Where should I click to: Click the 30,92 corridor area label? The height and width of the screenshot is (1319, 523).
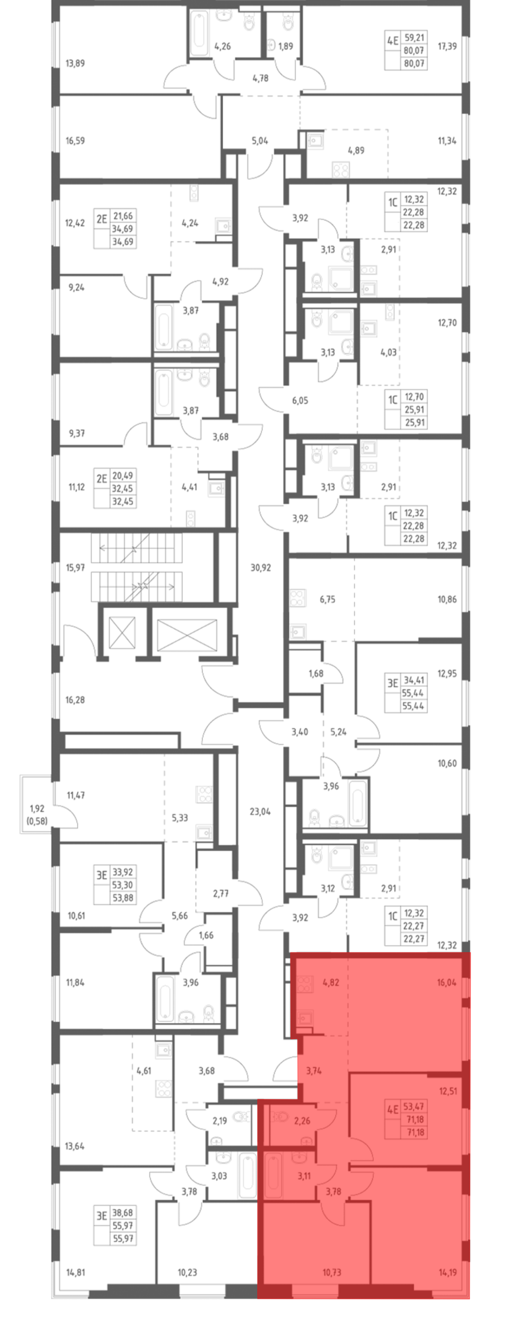(x=260, y=567)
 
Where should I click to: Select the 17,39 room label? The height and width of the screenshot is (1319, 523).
(x=447, y=46)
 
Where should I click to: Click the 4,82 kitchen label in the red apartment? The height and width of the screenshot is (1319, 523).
(x=331, y=983)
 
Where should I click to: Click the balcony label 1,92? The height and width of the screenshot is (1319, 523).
(x=37, y=809)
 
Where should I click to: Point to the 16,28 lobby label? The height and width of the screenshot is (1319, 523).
(x=75, y=700)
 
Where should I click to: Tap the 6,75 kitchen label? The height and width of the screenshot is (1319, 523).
(x=327, y=599)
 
